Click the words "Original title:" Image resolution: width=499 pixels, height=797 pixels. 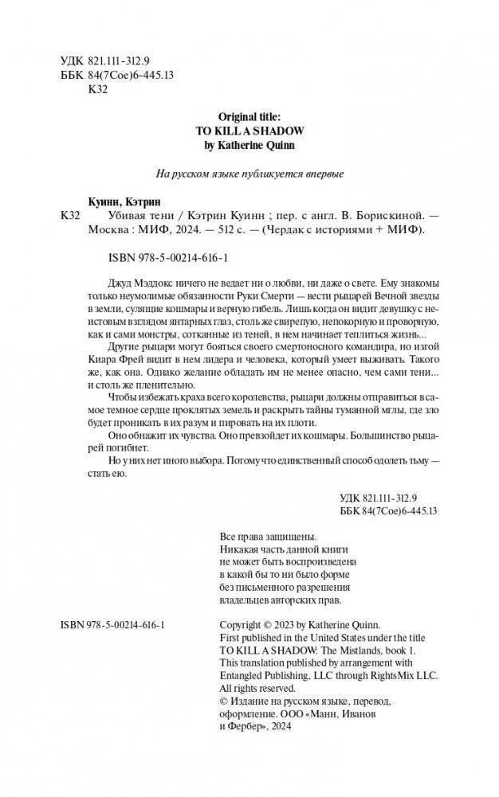click(x=249, y=116)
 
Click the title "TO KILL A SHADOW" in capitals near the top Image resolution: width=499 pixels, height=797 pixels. click(x=249, y=131)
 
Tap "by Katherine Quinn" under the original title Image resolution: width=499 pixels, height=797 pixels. click(x=249, y=147)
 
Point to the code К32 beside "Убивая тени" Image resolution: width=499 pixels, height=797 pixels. click(x=71, y=217)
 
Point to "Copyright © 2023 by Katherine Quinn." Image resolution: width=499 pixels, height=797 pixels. click(x=300, y=624)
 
